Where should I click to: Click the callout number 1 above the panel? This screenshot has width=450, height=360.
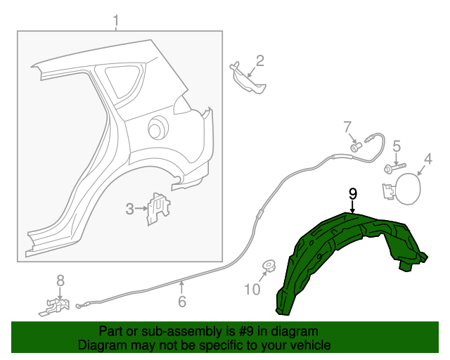(117, 22)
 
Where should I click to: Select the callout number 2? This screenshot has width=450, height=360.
(259, 61)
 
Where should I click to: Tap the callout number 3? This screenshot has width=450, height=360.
(130, 209)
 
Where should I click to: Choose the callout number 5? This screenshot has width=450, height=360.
(397, 146)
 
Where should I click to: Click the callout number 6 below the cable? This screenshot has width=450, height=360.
(181, 302)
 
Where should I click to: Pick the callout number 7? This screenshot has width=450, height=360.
(347, 127)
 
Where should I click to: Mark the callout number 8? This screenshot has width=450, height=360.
(60, 281)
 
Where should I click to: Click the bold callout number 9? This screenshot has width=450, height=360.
(353, 193)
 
